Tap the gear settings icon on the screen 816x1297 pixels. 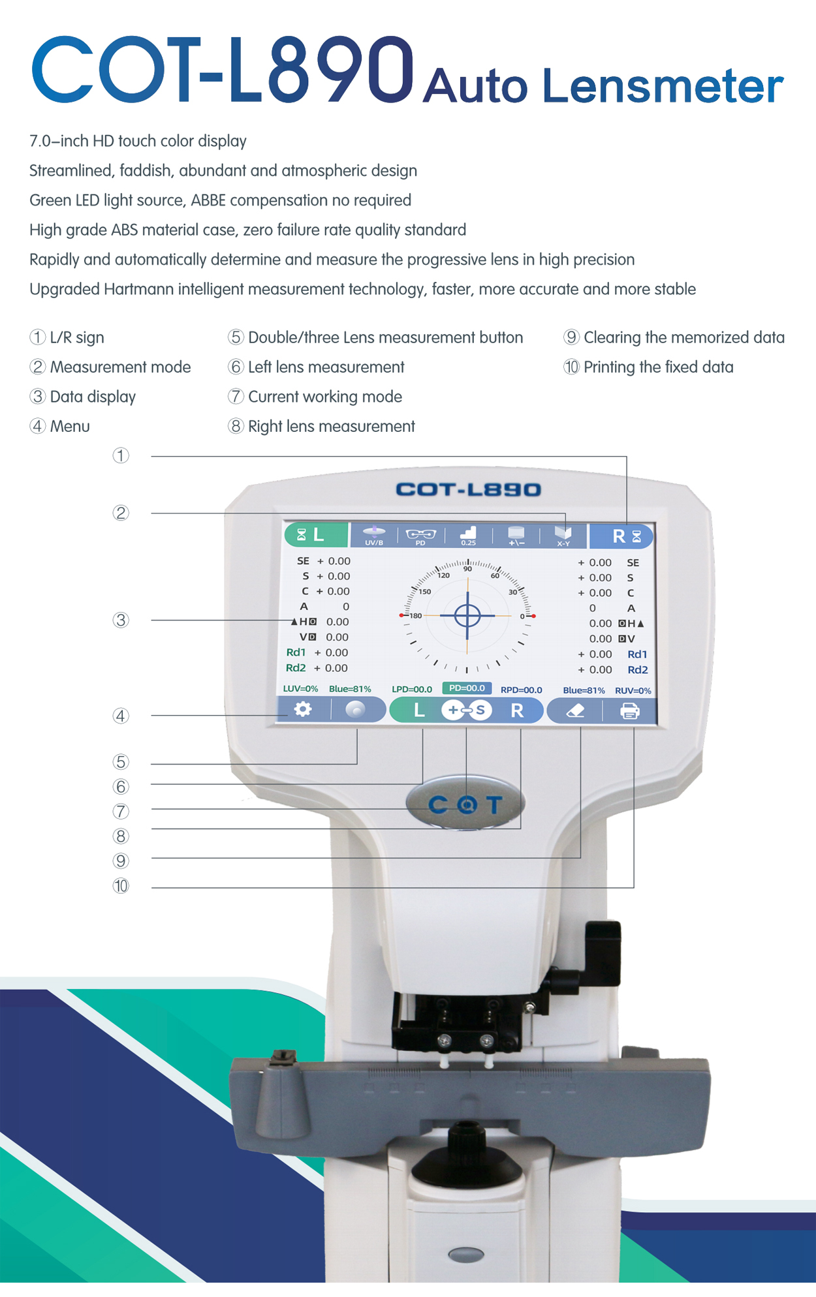(302, 709)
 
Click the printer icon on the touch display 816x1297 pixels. (629, 711)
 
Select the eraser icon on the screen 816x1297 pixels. (575, 711)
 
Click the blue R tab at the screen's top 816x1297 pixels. (621, 536)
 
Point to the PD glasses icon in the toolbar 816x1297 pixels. (420, 536)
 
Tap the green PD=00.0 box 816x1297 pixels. (467, 688)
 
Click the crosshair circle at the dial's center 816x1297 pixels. (467, 615)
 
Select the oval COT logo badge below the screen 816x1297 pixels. (465, 804)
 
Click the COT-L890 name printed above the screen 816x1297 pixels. (468, 489)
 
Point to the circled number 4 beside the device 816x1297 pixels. (121, 716)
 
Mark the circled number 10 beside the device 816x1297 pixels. (121, 886)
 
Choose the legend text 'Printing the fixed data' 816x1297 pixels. (659, 367)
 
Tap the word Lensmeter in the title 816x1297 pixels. (663, 85)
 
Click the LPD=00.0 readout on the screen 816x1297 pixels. (412, 690)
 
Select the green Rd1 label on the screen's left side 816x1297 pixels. (296, 652)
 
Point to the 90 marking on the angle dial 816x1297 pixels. (467, 569)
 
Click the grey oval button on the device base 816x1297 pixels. (467, 1254)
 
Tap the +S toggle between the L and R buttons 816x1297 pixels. (466, 710)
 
